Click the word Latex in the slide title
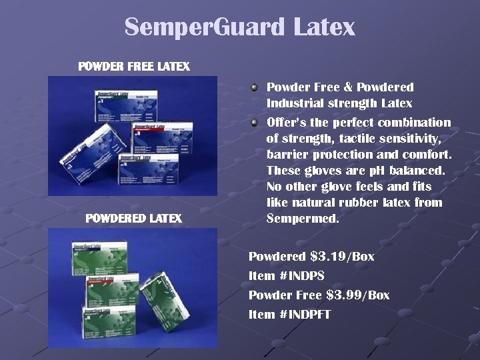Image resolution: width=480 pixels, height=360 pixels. tap(323, 27)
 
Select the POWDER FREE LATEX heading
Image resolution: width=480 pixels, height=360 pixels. tap(134, 67)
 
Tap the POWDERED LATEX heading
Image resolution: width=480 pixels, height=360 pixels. tap(133, 218)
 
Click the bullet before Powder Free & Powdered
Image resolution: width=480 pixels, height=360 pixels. tap(254, 87)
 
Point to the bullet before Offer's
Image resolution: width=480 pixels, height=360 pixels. tap(254, 122)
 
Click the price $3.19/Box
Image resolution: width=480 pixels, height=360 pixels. tap(342, 257)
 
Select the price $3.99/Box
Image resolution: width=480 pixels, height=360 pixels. tap(357, 295)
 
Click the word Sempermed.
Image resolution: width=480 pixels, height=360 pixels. tap(303, 219)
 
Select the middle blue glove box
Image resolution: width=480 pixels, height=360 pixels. tap(160, 137)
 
